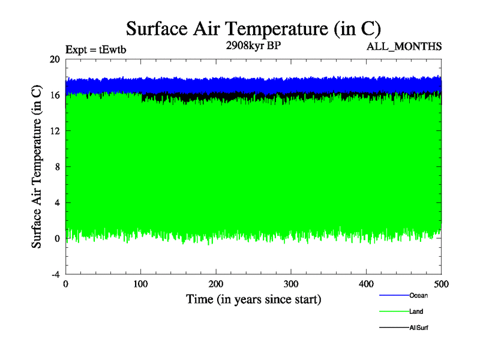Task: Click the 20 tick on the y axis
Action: (54, 59)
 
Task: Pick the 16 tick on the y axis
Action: (54, 95)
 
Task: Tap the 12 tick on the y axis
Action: (54, 131)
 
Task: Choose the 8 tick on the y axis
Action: (56, 167)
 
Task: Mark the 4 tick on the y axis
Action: (56, 203)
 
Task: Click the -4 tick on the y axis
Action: (54, 274)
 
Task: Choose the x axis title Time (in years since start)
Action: (253, 299)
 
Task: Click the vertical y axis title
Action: (37, 167)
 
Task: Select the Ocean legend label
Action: (419, 295)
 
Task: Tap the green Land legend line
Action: (394, 312)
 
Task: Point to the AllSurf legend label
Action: (419, 328)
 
